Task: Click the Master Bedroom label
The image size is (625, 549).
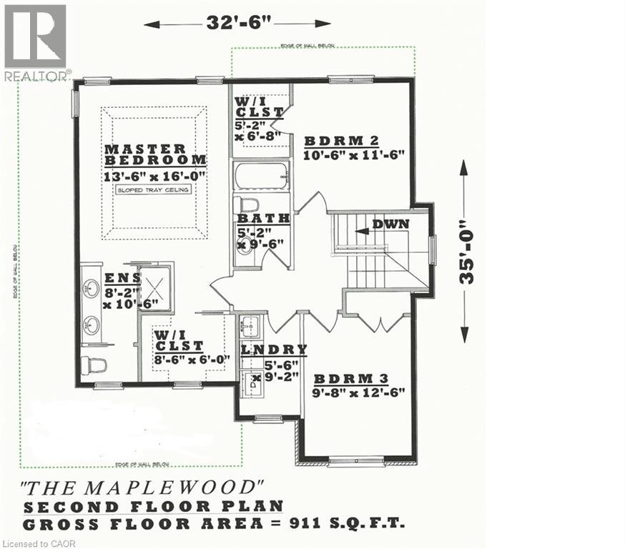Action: click(155, 154)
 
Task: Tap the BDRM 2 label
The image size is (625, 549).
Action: click(340, 139)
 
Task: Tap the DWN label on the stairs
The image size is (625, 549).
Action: click(390, 224)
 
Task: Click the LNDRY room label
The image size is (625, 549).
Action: click(274, 350)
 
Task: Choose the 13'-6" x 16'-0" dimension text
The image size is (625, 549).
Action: click(155, 175)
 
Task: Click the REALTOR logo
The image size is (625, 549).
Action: click(36, 41)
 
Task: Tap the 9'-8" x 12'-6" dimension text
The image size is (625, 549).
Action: click(360, 392)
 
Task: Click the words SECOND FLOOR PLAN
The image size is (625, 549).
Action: click(153, 507)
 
